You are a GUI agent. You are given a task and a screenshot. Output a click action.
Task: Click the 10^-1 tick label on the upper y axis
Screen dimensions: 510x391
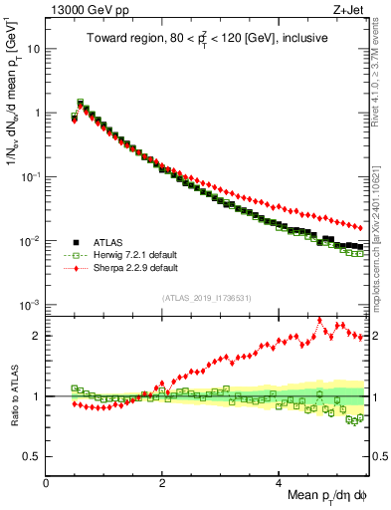click(x=30, y=176)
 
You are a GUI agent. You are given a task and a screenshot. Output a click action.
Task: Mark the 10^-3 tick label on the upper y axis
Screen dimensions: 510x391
click(x=30, y=305)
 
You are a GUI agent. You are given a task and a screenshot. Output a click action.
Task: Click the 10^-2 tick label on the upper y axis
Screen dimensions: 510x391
click(x=30, y=241)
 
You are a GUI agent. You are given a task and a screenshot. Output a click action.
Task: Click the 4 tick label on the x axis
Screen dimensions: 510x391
click(x=279, y=482)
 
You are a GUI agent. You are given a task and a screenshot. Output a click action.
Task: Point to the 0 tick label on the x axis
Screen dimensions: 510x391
click(x=47, y=482)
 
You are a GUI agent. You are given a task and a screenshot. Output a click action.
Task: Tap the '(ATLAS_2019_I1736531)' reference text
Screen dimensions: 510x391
click(x=206, y=298)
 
